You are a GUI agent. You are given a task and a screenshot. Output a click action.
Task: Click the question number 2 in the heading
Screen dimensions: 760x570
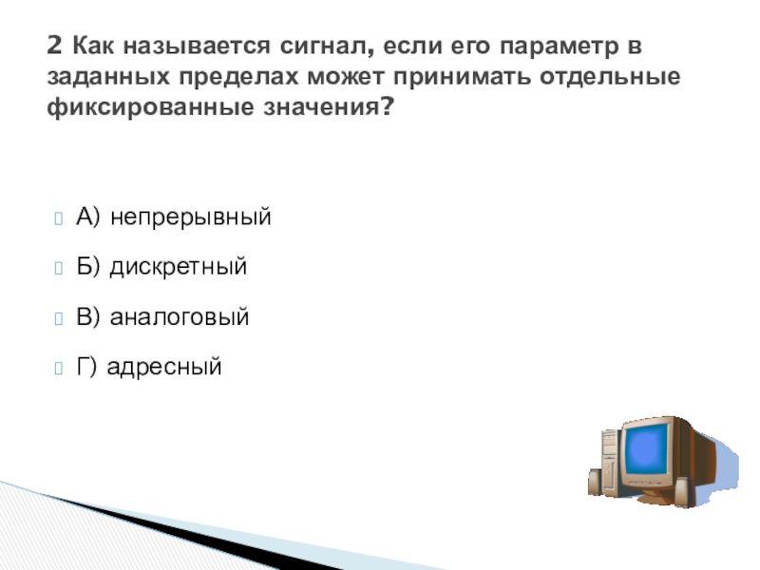coord(55,46)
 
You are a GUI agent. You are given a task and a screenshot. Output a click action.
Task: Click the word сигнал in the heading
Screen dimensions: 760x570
coord(327,47)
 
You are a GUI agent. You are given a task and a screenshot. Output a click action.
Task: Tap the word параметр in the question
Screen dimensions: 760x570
coord(560,47)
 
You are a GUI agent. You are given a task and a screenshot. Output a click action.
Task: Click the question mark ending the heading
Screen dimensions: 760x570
coord(386,105)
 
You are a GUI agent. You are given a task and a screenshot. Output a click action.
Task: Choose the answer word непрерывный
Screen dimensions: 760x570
coord(191,218)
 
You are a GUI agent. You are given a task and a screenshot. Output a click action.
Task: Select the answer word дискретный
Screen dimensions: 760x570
coord(179,267)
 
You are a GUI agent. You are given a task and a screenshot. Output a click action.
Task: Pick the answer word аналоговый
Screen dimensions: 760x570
coord(180,317)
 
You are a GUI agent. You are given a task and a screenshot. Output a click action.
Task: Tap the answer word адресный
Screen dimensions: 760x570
coord(163,367)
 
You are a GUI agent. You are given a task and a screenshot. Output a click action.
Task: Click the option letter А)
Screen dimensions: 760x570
coord(87,217)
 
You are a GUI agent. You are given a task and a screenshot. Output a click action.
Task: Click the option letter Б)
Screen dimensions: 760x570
coord(87,267)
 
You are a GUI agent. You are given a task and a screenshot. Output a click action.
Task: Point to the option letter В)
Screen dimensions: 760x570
coord(87,316)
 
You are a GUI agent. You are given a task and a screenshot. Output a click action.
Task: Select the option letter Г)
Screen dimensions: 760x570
coord(86,367)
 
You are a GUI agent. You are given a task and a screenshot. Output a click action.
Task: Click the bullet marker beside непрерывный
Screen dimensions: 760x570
coord(59,218)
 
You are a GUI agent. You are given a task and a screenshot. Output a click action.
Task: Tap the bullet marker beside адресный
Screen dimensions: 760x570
coord(59,369)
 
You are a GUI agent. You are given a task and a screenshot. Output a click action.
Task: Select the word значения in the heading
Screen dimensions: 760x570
coord(321,106)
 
